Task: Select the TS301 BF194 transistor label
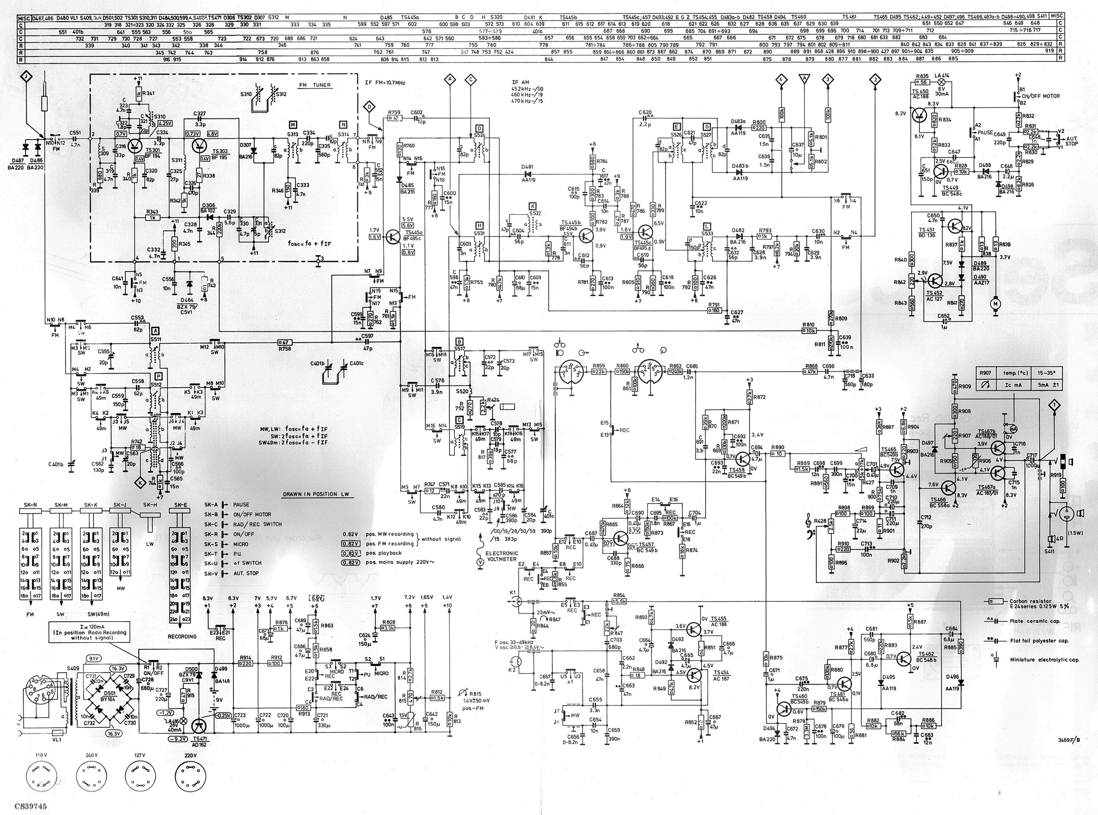tap(153, 153)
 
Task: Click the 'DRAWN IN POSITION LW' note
tap(317, 494)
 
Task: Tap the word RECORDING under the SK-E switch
tap(182, 636)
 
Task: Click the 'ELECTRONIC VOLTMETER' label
tap(501, 556)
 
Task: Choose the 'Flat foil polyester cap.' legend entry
tap(1039, 641)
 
